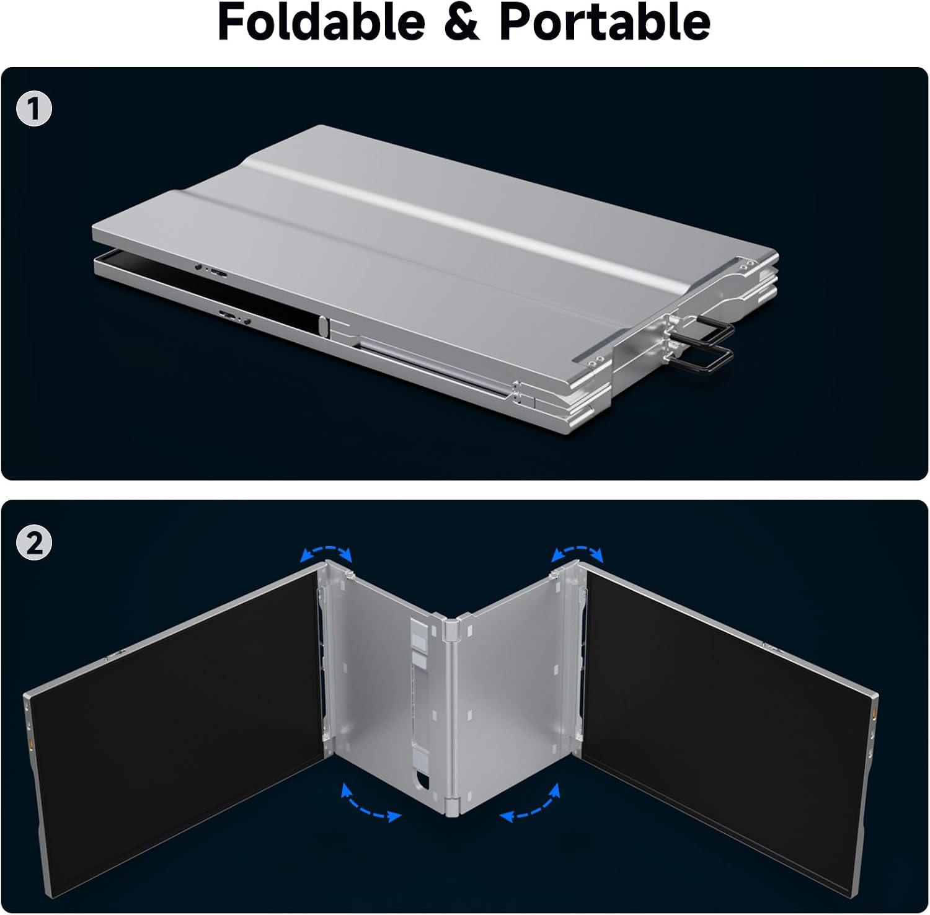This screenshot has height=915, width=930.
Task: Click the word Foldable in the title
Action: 321,22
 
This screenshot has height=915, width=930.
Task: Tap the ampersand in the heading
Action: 462,22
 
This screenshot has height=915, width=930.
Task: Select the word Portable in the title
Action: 605,22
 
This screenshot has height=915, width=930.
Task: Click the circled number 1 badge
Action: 35,109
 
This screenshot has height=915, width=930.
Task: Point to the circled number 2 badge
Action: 35,543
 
